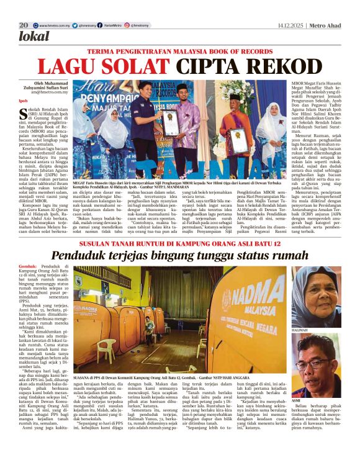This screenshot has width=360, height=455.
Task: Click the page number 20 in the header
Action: tap(24, 25)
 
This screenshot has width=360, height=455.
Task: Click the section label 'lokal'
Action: tap(34, 36)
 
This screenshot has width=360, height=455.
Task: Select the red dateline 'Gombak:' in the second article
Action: tap(28, 266)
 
